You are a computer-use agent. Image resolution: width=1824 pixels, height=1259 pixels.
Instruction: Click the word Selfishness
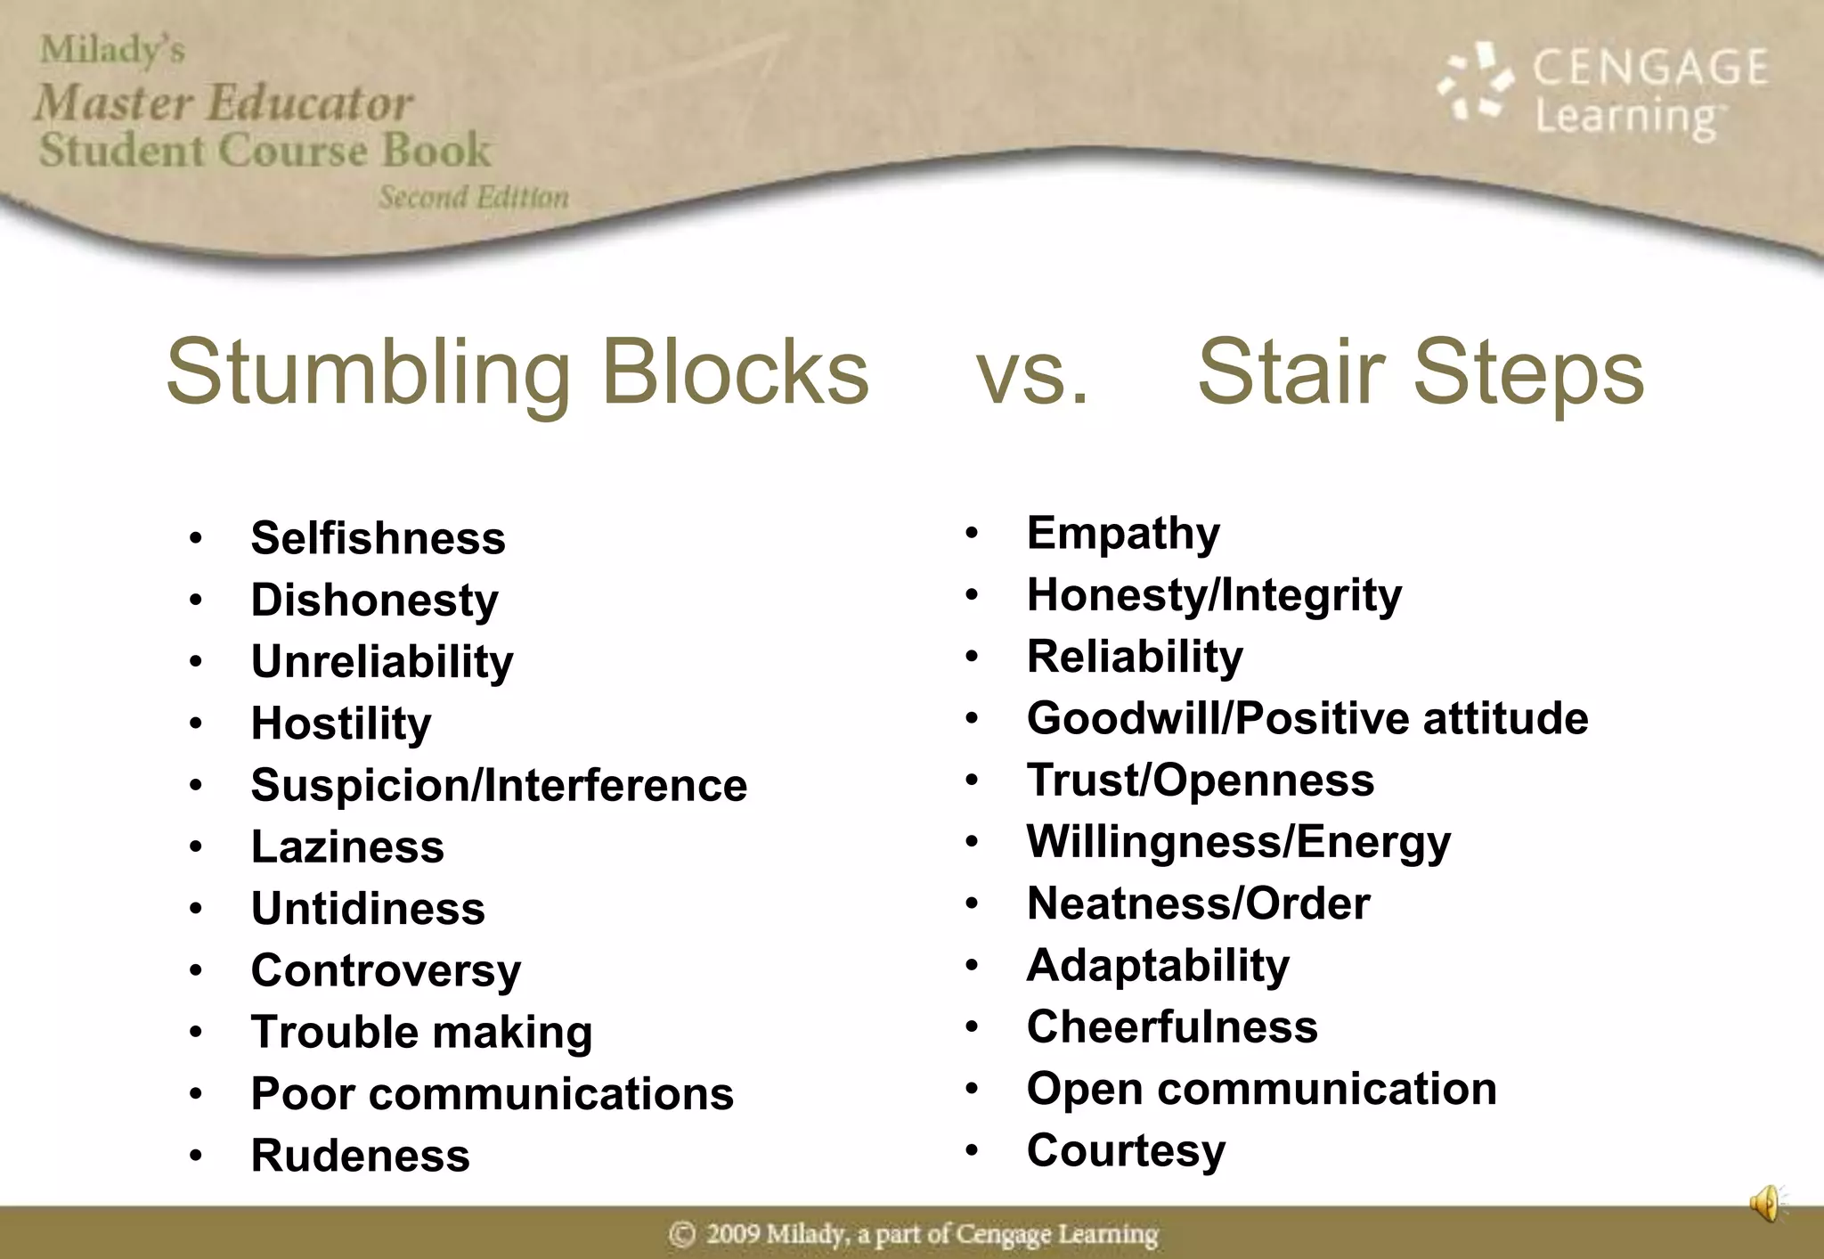(378, 538)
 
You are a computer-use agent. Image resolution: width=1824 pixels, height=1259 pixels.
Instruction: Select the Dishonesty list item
(374, 600)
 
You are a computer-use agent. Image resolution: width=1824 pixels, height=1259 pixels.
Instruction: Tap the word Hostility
(341, 723)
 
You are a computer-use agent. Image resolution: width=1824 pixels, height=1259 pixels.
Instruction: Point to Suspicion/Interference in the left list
(499, 785)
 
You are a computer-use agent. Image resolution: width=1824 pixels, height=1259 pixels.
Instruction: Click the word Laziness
(347, 846)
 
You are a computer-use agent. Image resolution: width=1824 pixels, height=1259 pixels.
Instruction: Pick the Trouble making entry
(421, 1032)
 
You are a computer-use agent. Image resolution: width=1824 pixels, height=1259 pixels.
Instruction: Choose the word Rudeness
(360, 1156)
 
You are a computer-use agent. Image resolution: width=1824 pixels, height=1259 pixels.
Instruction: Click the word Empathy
(1123, 534)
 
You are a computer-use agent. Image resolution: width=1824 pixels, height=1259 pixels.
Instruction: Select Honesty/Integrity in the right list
(1214, 595)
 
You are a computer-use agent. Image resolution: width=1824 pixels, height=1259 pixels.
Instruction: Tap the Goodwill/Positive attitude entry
(1307, 718)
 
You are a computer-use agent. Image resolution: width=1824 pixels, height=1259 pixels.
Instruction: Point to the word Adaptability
(1158, 965)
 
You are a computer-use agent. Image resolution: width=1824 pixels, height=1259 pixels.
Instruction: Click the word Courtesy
(1126, 1150)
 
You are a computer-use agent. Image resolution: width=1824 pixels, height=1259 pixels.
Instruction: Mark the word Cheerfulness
(1172, 1026)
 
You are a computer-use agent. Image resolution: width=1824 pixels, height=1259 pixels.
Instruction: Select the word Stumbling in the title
(368, 372)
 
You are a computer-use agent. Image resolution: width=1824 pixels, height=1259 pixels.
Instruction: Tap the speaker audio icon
(1766, 1204)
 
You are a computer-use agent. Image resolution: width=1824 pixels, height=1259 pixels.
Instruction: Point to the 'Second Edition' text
(474, 197)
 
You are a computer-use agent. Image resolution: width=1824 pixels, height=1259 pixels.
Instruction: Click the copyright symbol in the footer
(682, 1234)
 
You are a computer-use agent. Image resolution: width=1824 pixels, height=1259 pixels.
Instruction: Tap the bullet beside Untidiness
(196, 909)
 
